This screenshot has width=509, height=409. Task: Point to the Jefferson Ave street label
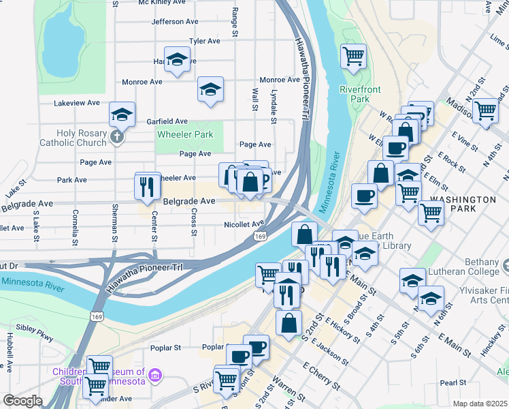[x=176, y=22]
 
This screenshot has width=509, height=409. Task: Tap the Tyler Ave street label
[x=204, y=41]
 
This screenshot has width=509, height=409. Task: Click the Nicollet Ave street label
[x=244, y=224]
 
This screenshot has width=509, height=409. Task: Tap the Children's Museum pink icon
[x=155, y=376]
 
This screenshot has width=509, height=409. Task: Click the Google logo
[x=22, y=401]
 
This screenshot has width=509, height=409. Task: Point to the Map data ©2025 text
[x=480, y=404]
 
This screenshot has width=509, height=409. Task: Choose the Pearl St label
[x=453, y=383]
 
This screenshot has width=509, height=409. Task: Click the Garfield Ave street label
[x=167, y=121]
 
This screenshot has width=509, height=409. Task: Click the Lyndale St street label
[x=274, y=110]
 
